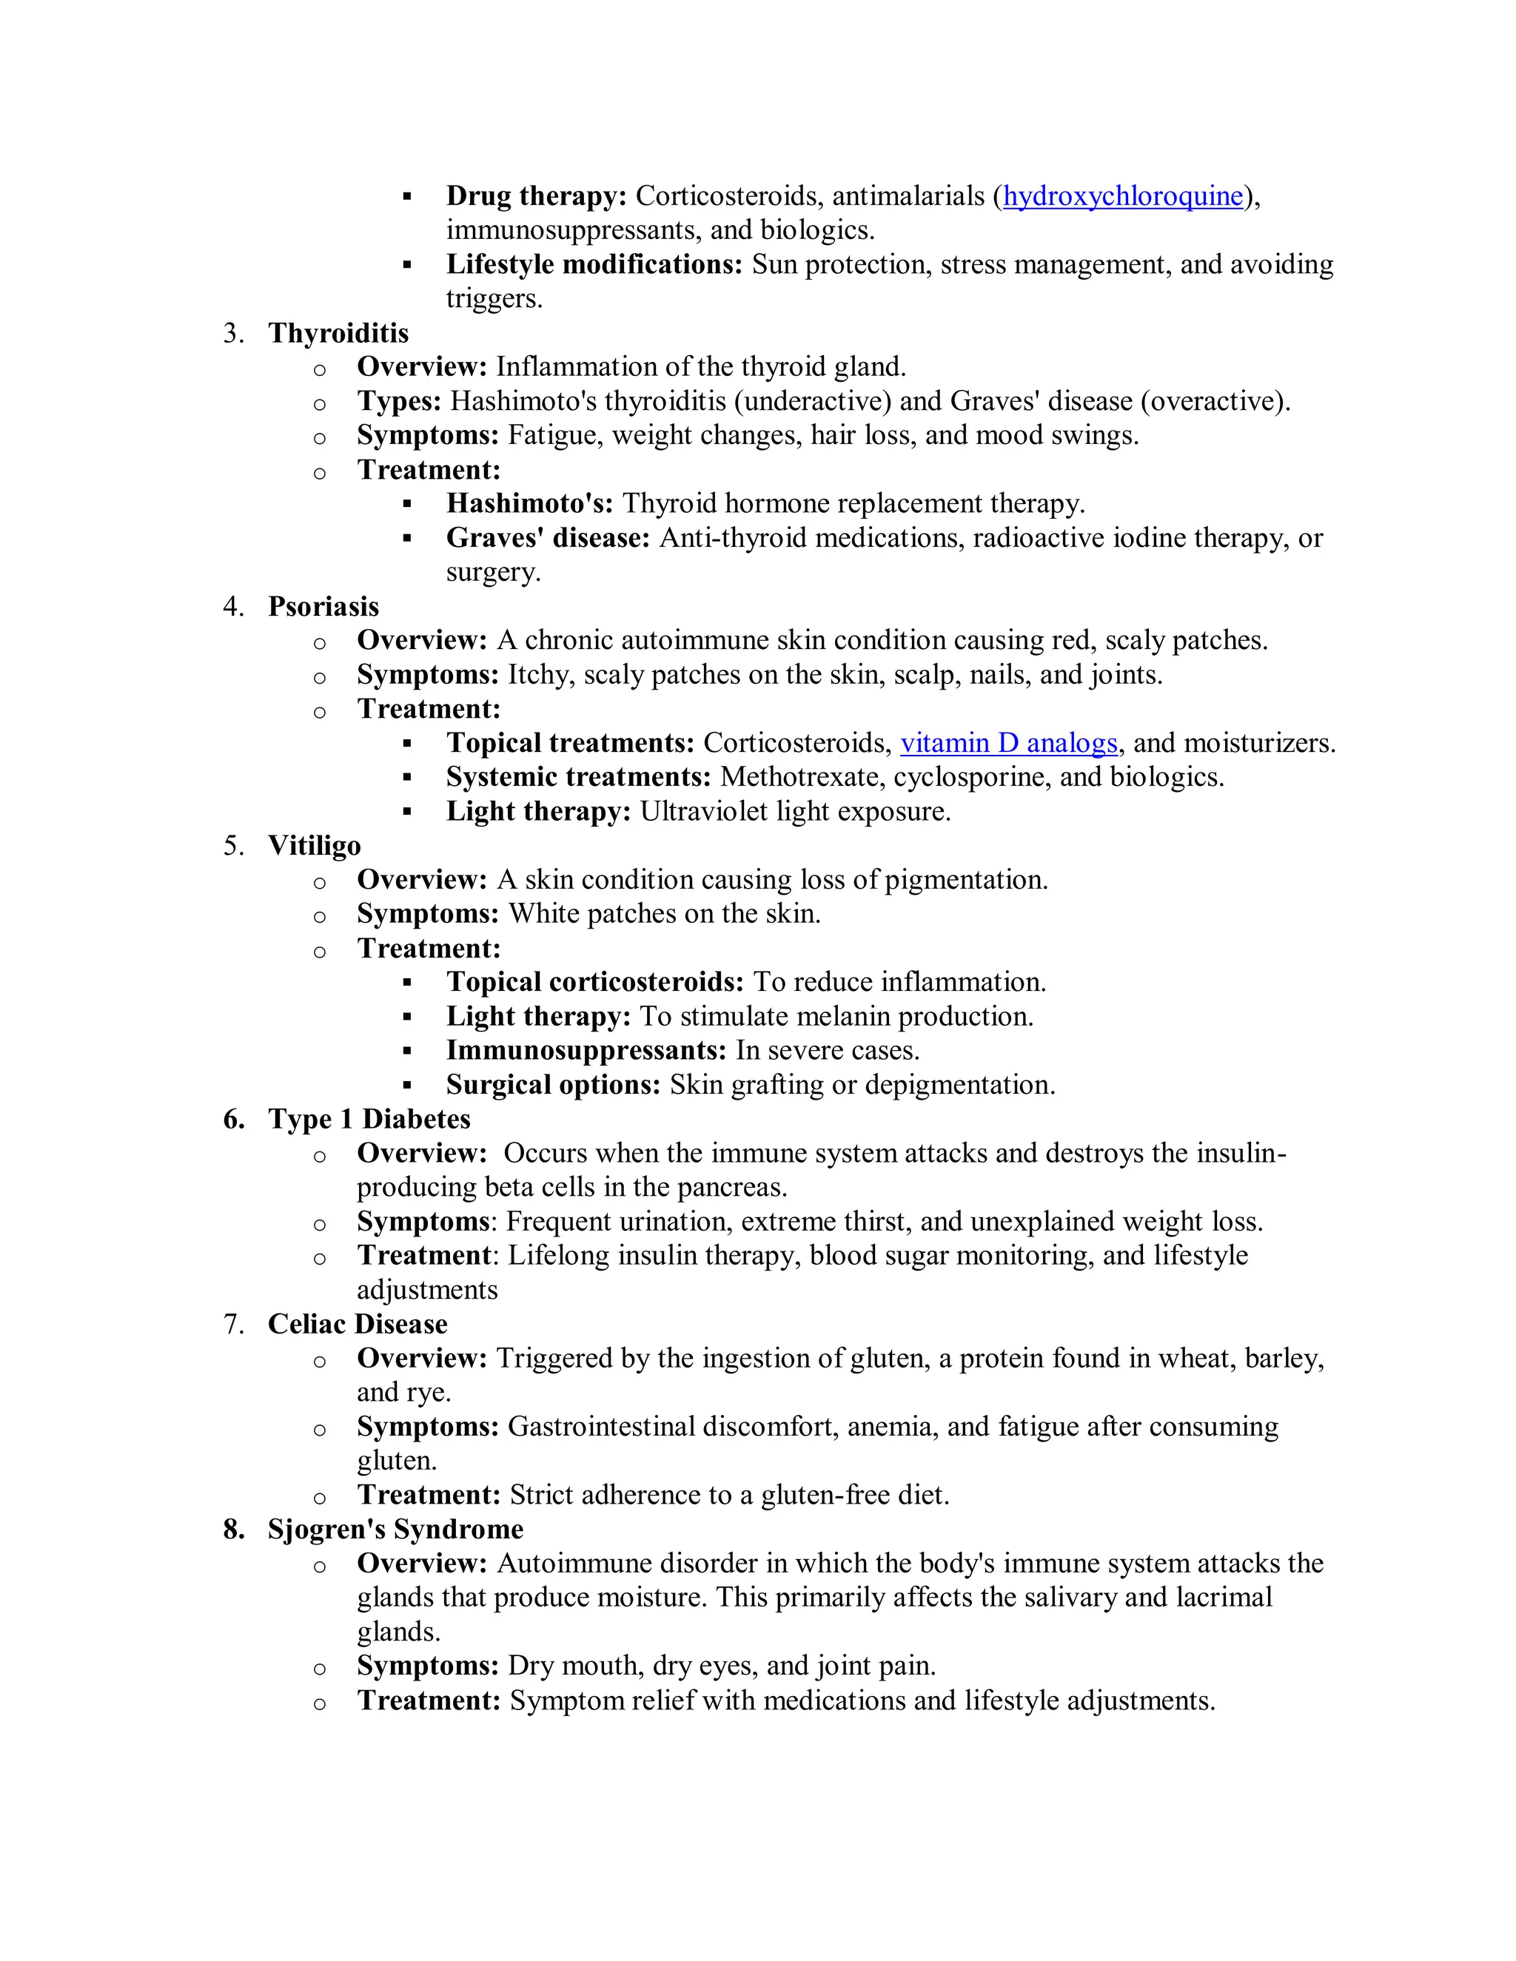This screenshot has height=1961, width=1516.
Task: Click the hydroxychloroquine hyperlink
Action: [1123, 196]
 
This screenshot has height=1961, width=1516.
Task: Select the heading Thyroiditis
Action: [338, 333]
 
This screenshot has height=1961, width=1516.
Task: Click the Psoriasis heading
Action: [323, 606]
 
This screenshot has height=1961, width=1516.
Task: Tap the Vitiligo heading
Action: [315, 846]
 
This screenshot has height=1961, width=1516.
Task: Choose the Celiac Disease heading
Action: [358, 1324]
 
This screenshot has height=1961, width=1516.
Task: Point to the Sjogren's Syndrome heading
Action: [395, 1529]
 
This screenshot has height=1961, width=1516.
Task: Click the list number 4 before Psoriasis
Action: [232, 606]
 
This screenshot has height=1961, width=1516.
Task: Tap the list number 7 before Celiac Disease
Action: [232, 1324]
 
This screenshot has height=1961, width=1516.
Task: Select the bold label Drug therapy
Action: [536, 196]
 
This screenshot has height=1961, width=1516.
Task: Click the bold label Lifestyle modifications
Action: [594, 264]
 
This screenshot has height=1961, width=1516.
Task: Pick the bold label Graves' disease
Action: [548, 538]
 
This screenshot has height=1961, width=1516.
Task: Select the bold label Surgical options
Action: [553, 1085]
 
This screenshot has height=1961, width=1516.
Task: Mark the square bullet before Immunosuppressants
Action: [407, 1051]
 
